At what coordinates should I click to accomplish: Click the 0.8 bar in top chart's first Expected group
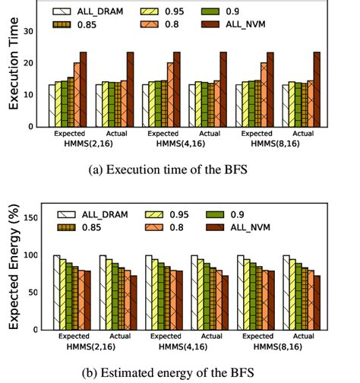[77, 94]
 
